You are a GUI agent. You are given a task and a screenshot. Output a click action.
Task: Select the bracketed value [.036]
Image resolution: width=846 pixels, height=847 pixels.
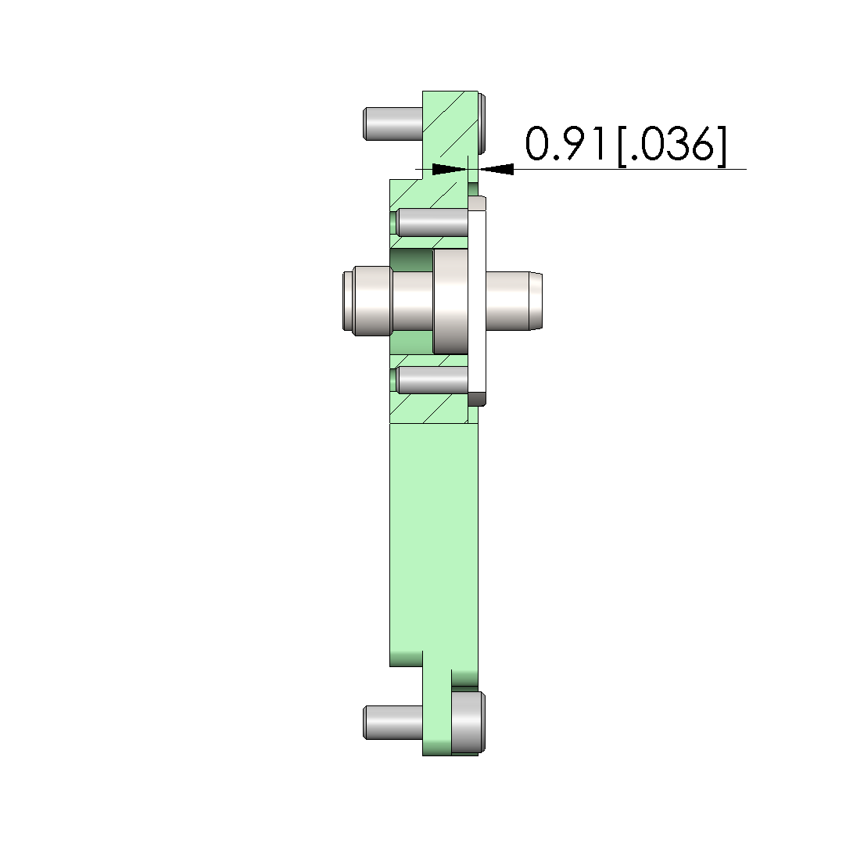(672, 145)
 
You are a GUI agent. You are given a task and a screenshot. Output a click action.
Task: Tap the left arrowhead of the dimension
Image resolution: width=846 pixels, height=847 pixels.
(450, 169)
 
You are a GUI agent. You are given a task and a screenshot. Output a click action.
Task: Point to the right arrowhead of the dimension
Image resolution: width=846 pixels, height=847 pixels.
(496, 169)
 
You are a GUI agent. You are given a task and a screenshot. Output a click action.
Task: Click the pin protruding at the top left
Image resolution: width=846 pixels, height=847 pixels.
(393, 124)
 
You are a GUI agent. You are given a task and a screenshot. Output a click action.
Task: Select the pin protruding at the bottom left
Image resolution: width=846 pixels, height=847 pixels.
(393, 722)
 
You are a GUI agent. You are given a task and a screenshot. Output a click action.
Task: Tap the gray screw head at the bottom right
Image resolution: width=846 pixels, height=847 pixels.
(468, 722)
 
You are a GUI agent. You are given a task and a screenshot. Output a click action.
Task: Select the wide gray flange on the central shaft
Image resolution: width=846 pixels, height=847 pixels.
(450, 301)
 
